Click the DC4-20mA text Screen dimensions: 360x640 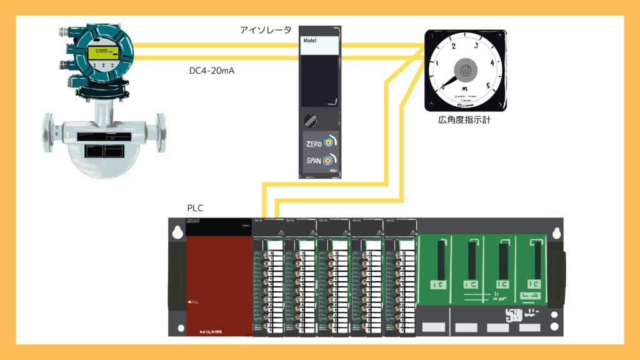(x=216, y=71)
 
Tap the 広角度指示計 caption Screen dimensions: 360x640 (x=464, y=119)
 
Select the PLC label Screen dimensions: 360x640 (x=196, y=208)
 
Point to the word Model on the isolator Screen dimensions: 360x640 (x=311, y=40)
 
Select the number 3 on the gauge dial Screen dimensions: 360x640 (x=476, y=46)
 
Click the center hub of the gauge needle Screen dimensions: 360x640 (x=465, y=71)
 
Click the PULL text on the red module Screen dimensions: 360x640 (x=195, y=303)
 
